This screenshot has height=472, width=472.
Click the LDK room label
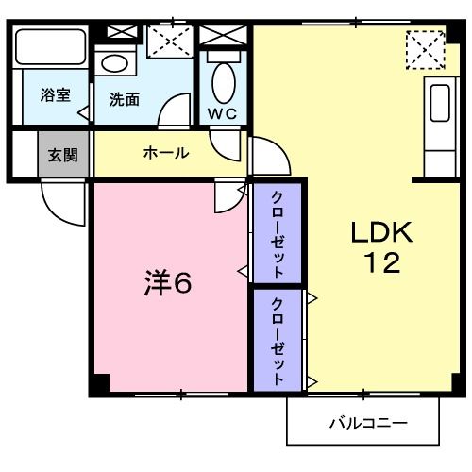pyautogui.click(x=376, y=231)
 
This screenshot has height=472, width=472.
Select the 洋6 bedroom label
pyautogui.click(x=169, y=281)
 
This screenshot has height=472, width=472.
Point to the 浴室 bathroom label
pyautogui.click(x=54, y=94)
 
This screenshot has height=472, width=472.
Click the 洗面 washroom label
pyautogui.click(x=125, y=99)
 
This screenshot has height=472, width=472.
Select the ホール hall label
pyautogui.click(x=166, y=153)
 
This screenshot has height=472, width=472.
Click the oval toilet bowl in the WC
pyautogui.click(x=224, y=81)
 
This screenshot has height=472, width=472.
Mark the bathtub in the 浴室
pyautogui.click(x=51, y=47)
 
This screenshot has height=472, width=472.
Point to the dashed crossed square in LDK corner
pyautogui.click(x=425, y=49)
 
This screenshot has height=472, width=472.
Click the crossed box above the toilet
pyautogui.click(x=223, y=36)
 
